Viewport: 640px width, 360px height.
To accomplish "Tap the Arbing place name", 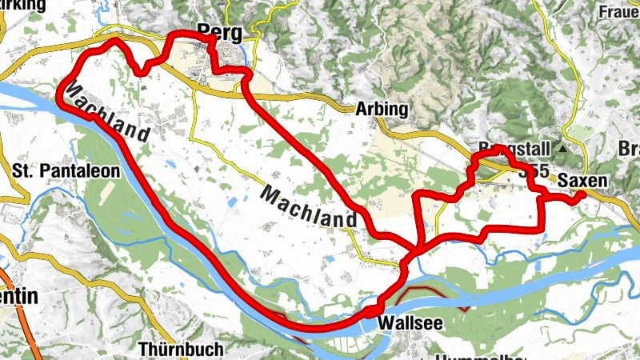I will pyautogui.click(x=381, y=110).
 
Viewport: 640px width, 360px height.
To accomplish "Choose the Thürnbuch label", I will pyautogui.click(x=175, y=349).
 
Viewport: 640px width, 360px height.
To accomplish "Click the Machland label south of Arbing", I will pyautogui.click(x=308, y=207).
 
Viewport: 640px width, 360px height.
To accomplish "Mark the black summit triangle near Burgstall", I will pyautogui.click(x=564, y=150).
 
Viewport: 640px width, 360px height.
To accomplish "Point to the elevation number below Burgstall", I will pyautogui.click(x=533, y=171).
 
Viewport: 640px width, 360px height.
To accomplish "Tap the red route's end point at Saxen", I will pyautogui.click(x=582, y=194).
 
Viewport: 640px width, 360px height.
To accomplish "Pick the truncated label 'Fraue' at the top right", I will pyautogui.click(x=619, y=12).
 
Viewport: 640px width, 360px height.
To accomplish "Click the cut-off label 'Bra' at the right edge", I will pyautogui.click(x=630, y=149).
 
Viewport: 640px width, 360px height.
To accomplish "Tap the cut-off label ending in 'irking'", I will pyautogui.click(x=23, y=6).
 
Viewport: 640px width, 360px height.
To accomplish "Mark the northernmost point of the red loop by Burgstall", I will pyautogui.click(x=497, y=149).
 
